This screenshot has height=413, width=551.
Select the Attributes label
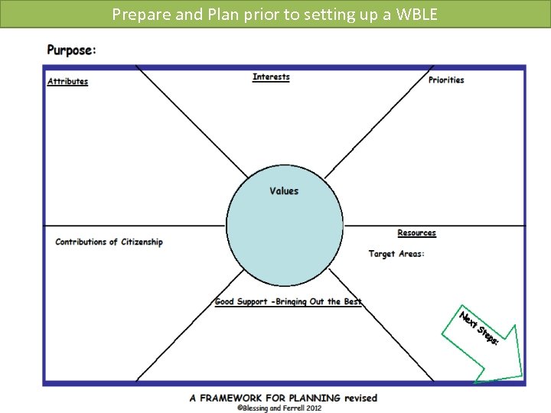coord(67,82)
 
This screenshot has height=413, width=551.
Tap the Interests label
coord(271,76)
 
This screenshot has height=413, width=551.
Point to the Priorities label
coord(446,80)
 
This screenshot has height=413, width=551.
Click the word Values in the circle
coord(284,191)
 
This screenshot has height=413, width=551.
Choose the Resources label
coord(416,233)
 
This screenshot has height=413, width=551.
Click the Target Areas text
coord(396,254)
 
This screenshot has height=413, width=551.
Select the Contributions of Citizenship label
coord(109,242)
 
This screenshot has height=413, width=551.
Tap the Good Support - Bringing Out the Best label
coord(289,302)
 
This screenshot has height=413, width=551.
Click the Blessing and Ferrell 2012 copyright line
coord(279,408)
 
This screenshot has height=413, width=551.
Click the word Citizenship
coord(142,242)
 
